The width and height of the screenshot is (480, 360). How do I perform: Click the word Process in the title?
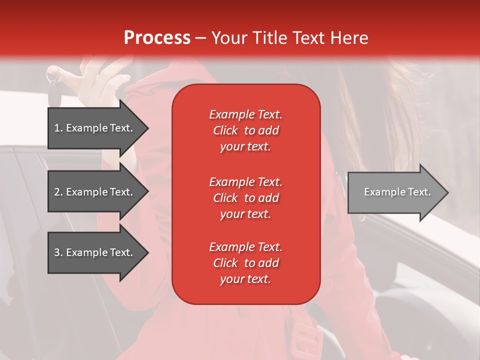[157, 37]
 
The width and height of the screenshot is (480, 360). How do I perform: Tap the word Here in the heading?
[349, 37]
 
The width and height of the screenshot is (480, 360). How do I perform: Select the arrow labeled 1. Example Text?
[95, 128]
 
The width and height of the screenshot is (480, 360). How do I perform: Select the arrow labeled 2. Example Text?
[95, 192]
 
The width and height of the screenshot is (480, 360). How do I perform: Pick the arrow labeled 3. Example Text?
[95, 252]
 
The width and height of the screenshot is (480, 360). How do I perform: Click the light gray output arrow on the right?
[395, 192]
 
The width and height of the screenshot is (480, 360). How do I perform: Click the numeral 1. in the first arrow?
[58, 128]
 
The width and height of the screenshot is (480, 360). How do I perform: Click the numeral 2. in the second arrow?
[58, 192]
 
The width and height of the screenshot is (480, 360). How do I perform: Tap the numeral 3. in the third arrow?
[58, 252]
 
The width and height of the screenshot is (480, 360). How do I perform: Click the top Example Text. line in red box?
[245, 114]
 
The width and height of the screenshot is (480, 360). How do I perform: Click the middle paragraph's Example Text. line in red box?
[245, 182]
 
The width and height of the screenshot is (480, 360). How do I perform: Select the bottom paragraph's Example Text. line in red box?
[245, 247]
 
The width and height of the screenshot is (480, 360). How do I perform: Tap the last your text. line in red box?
[245, 279]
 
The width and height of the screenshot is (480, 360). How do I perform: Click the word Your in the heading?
[230, 37]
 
